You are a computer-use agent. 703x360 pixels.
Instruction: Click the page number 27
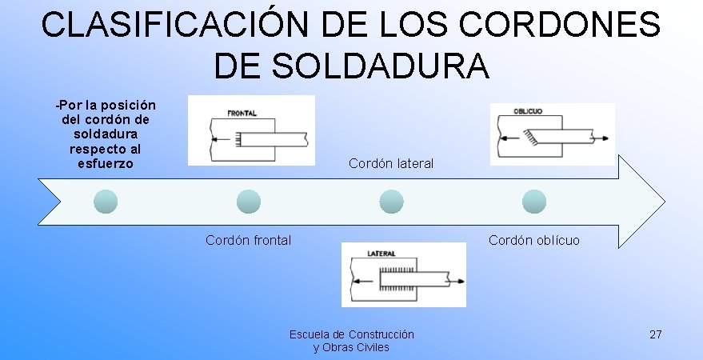click(656, 334)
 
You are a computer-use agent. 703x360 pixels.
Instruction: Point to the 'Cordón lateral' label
click(391, 163)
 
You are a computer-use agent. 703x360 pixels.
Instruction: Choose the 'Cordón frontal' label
click(248, 240)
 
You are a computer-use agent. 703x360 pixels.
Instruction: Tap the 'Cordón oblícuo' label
click(534, 240)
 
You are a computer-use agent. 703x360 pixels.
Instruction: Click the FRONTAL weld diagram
click(251, 130)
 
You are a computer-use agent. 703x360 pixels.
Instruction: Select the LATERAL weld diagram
click(404, 274)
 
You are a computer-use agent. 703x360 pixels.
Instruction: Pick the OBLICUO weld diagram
click(552, 134)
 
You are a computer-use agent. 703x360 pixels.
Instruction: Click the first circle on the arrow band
click(106, 202)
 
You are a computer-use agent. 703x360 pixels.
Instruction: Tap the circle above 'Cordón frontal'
click(249, 202)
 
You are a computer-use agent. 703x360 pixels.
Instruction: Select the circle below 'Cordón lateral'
click(390, 202)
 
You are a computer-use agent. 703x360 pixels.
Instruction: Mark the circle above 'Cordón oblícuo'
click(533, 202)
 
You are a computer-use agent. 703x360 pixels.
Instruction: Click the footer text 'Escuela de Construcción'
click(352, 334)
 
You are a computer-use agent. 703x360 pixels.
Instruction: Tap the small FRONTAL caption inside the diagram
click(242, 114)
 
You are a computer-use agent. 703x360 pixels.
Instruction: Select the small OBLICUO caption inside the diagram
click(528, 111)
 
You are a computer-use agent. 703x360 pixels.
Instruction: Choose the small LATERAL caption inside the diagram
click(382, 254)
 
